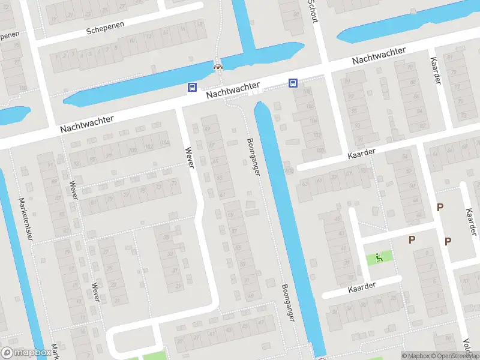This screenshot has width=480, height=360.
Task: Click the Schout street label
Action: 313,11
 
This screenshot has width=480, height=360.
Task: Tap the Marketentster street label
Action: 25,220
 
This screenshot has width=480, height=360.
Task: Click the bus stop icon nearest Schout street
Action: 293,83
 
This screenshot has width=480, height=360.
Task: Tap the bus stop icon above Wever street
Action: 192,88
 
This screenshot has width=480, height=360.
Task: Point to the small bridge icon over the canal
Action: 218,67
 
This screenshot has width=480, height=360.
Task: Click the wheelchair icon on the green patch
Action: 379,258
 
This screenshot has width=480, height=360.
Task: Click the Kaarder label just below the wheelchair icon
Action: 362,287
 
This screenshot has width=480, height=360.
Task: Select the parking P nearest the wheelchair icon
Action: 412,240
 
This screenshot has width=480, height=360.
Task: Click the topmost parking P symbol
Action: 440,208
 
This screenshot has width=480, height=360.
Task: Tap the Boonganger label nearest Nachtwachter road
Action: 253,157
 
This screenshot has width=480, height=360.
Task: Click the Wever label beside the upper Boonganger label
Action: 190,157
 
